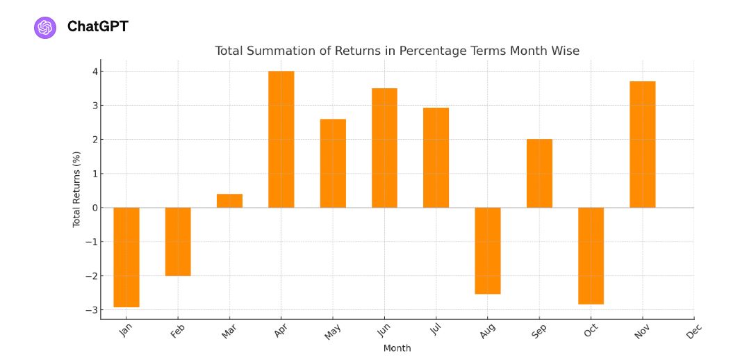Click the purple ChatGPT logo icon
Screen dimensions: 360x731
(x=45, y=27)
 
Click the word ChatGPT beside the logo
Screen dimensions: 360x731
(x=97, y=27)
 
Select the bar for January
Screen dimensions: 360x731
(x=126, y=257)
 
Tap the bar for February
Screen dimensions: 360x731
(x=178, y=241)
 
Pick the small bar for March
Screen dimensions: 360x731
(x=229, y=201)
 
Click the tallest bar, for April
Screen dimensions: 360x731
(x=281, y=139)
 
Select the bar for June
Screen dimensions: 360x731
(x=384, y=148)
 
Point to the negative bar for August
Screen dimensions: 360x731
(x=488, y=250)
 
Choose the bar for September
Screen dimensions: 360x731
(x=539, y=173)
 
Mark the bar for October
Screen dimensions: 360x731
(x=591, y=256)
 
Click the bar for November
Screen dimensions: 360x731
(x=643, y=145)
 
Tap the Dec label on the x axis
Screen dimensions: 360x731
(x=693, y=333)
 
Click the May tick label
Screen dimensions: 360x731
(x=332, y=333)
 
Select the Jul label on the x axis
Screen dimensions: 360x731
(x=436, y=331)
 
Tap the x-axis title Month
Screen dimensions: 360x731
(x=397, y=348)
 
